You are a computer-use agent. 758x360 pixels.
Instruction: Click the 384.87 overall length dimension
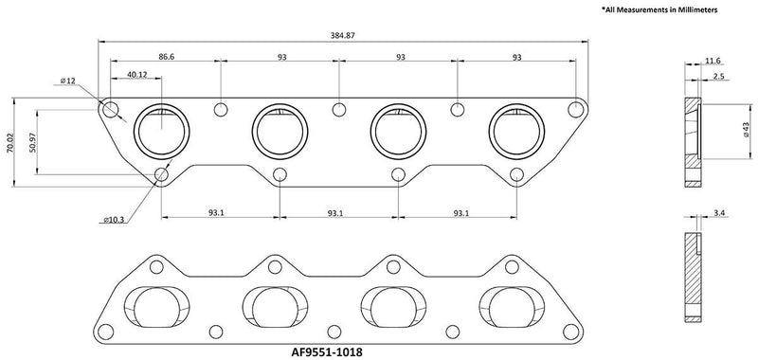click(342, 34)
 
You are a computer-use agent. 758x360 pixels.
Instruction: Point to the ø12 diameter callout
click(67, 82)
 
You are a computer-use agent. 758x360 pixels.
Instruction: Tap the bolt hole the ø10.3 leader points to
click(162, 174)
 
